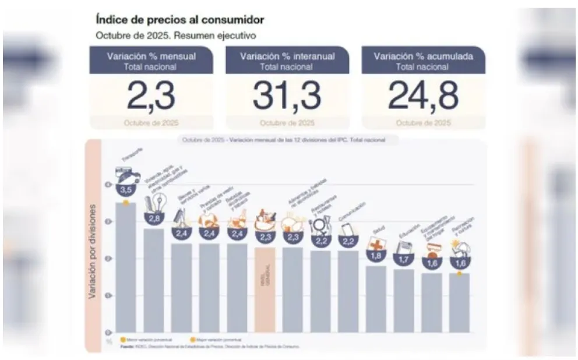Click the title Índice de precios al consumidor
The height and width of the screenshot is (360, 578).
pyautogui.click(x=180, y=20)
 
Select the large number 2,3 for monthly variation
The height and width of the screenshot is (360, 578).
pyautogui.click(x=151, y=97)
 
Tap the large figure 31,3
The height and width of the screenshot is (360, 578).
pyautogui.click(x=287, y=97)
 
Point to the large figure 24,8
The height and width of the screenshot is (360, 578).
pyautogui.click(x=423, y=97)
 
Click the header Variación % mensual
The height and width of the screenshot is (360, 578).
pyautogui.click(x=151, y=57)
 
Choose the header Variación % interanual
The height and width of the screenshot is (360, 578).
pyautogui.click(x=287, y=57)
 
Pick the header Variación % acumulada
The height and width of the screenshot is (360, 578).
pyautogui.click(x=423, y=57)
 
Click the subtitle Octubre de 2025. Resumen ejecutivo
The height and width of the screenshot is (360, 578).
pyautogui.click(x=176, y=36)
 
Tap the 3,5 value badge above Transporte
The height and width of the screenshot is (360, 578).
pyautogui.click(x=125, y=190)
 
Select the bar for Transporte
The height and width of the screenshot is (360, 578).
pyautogui.click(x=125, y=268)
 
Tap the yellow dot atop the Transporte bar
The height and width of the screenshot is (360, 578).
pyautogui.click(x=125, y=202)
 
